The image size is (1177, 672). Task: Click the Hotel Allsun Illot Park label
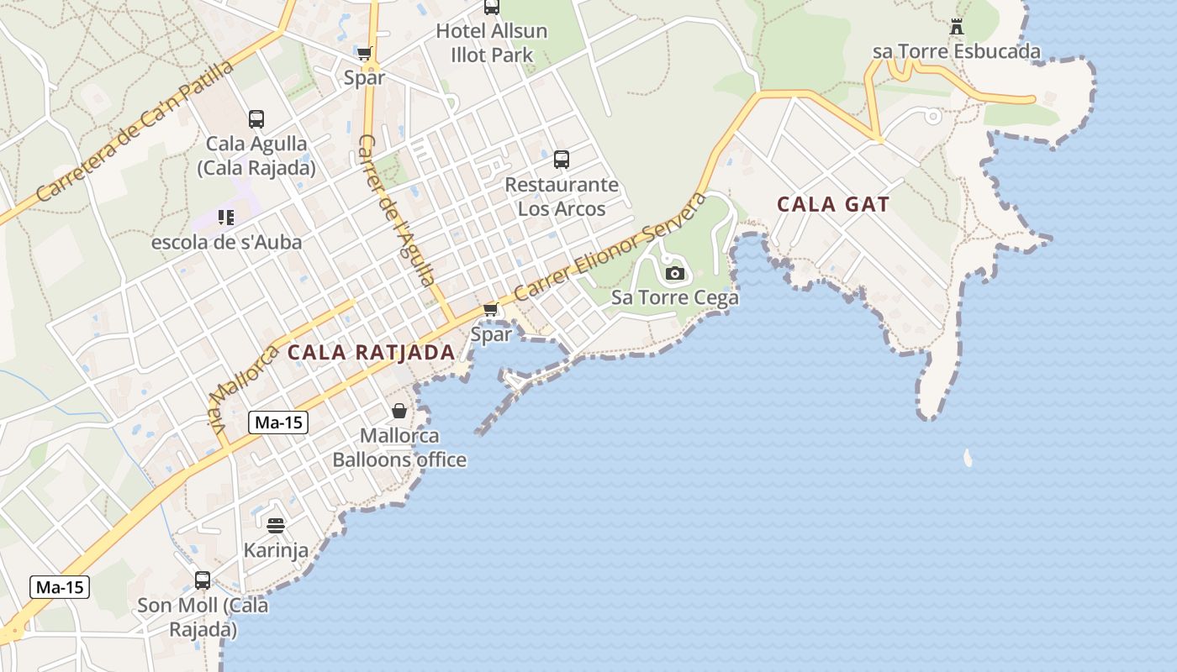pyautogui.click(x=491, y=43)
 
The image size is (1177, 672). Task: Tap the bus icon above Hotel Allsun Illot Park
pyautogui.click(x=492, y=8)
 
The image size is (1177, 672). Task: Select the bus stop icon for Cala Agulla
pyautogui.click(x=256, y=119)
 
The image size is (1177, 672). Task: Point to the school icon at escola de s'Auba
pyautogui.click(x=225, y=218)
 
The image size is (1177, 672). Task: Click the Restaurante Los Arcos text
pyautogui.click(x=562, y=197)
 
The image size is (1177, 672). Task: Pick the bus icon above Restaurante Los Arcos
pyautogui.click(x=562, y=159)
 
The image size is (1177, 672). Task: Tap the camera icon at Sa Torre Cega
pyautogui.click(x=674, y=273)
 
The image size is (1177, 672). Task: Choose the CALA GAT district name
pyautogui.click(x=833, y=204)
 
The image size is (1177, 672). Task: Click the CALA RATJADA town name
pyautogui.click(x=371, y=352)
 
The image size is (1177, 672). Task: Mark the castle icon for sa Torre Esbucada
pyautogui.click(x=957, y=27)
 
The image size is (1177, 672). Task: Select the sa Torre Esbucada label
pyautogui.click(x=957, y=51)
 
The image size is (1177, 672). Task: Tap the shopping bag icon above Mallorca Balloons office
pyautogui.click(x=399, y=411)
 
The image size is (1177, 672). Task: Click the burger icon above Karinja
pyautogui.click(x=276, y=526)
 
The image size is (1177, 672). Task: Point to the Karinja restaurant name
pyautogui.click(x=276, y=550)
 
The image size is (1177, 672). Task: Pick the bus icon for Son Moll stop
pyautogui.click(x=203, y=580)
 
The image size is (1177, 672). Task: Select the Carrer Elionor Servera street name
pyautogui.click(x=611, y=247)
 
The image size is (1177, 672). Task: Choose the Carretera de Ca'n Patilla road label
pyautogui.click(x=135, y=130)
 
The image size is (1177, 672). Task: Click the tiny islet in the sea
pyautogui.click(x=968, y=458)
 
